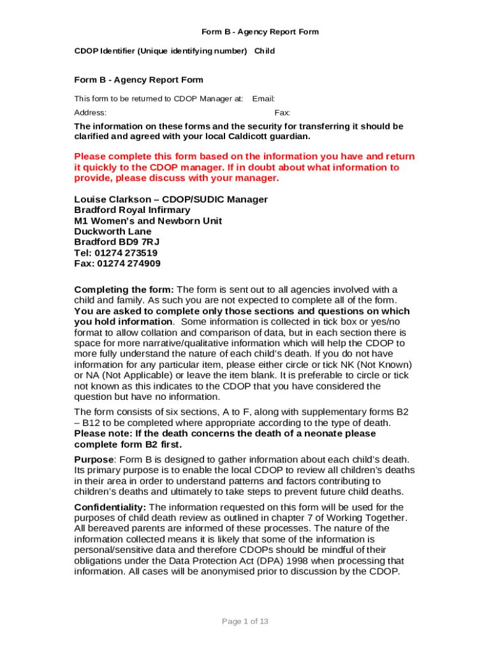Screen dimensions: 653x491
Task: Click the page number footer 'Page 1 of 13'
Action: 245,621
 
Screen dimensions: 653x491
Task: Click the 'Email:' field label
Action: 263,99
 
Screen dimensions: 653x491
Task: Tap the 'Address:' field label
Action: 91,112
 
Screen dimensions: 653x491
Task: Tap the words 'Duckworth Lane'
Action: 113,231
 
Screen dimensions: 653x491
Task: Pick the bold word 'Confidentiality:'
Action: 110,506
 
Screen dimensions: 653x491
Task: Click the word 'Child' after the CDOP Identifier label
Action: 265,50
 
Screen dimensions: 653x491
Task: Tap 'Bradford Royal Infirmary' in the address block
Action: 132,210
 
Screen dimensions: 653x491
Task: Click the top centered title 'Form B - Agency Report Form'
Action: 260,31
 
